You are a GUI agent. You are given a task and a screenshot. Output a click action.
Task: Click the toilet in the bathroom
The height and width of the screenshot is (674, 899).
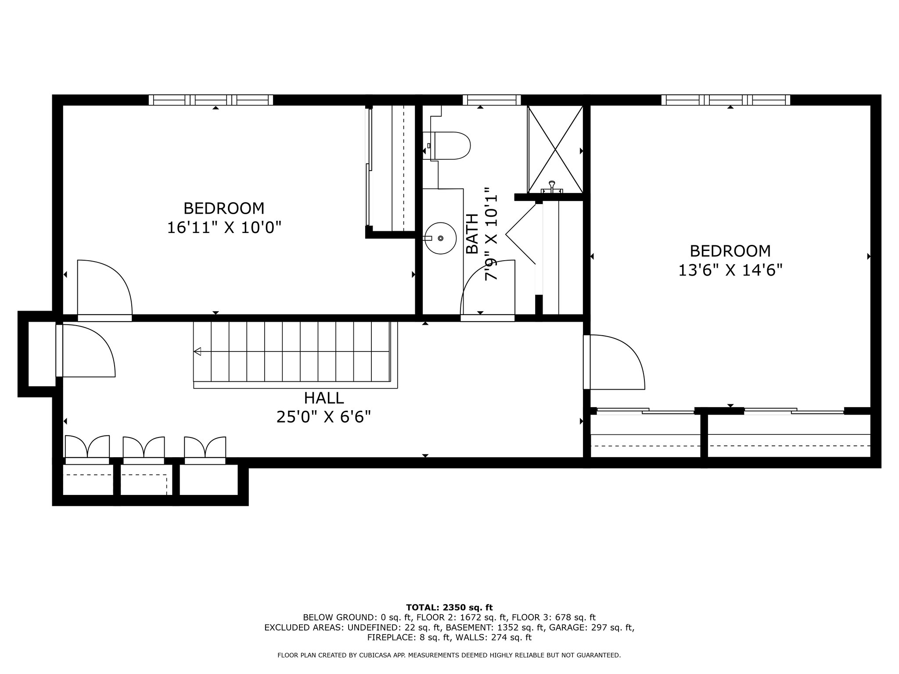[x=450, y=146]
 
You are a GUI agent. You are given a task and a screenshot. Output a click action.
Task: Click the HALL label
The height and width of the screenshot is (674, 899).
[x=324, y=398]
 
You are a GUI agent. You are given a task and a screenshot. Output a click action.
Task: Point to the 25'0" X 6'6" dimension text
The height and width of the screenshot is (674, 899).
[x=324, y=417]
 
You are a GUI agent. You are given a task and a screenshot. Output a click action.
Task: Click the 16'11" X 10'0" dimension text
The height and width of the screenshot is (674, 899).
[x=224, y=227]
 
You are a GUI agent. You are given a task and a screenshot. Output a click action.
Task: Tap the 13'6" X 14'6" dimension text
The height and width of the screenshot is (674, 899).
[x=730, y=270]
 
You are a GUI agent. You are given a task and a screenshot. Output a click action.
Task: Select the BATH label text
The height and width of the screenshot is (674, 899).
[x=472, y=234]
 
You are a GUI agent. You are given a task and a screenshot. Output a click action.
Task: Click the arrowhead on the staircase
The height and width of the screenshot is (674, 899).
[x=198, y=351]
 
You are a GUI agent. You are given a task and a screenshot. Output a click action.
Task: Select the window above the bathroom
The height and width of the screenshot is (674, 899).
[x=492, y=100]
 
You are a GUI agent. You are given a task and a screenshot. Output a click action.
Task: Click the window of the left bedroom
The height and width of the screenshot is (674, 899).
[x=211, y=100]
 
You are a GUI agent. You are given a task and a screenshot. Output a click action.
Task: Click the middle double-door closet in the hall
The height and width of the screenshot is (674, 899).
[x=144, y=448]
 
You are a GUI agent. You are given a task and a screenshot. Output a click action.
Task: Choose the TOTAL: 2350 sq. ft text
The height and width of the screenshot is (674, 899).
[x=449, y=608]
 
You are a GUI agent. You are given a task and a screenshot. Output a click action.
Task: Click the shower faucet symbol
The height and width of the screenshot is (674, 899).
[x=552, y=187]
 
